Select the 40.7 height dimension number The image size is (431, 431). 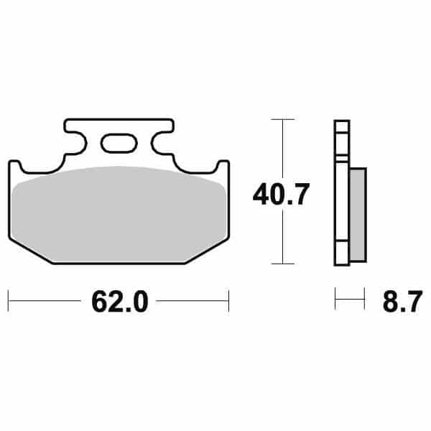(x=281, y=194)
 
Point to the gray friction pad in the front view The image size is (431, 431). (x=119, y=208)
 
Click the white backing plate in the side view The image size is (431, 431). (x=342, y=194)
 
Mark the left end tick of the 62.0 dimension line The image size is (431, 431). (x=9, y=301)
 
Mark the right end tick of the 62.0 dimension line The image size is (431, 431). (x=228, y=301)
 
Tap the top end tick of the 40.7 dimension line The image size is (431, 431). (x=284, y=119)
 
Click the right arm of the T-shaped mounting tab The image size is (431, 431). (x=159, y=136)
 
